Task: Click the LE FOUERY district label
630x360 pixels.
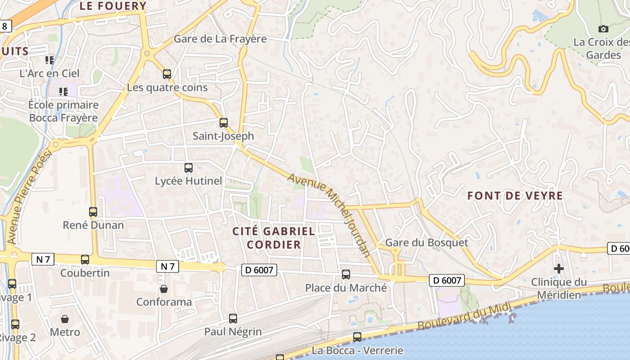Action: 113,6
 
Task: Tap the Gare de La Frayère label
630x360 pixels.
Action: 220,39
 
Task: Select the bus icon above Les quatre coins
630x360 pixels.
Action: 167,74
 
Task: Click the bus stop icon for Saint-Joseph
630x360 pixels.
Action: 223,122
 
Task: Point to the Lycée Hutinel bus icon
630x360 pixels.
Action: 189,167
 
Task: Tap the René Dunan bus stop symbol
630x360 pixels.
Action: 93,211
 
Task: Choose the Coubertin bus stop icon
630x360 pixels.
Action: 85,259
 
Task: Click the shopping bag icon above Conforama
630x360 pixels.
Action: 164,288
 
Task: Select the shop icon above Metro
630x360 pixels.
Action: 65,319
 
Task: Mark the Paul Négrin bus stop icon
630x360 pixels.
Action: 233,318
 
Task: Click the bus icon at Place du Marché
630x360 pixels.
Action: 346,274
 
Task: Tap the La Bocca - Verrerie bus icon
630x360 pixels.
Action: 357,337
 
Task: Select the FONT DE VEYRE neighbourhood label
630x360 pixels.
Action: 515,196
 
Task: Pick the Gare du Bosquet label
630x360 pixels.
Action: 427,243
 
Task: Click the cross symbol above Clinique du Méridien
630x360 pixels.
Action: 558,269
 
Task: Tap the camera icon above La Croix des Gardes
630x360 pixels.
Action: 603,29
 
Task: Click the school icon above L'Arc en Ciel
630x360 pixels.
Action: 49,60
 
